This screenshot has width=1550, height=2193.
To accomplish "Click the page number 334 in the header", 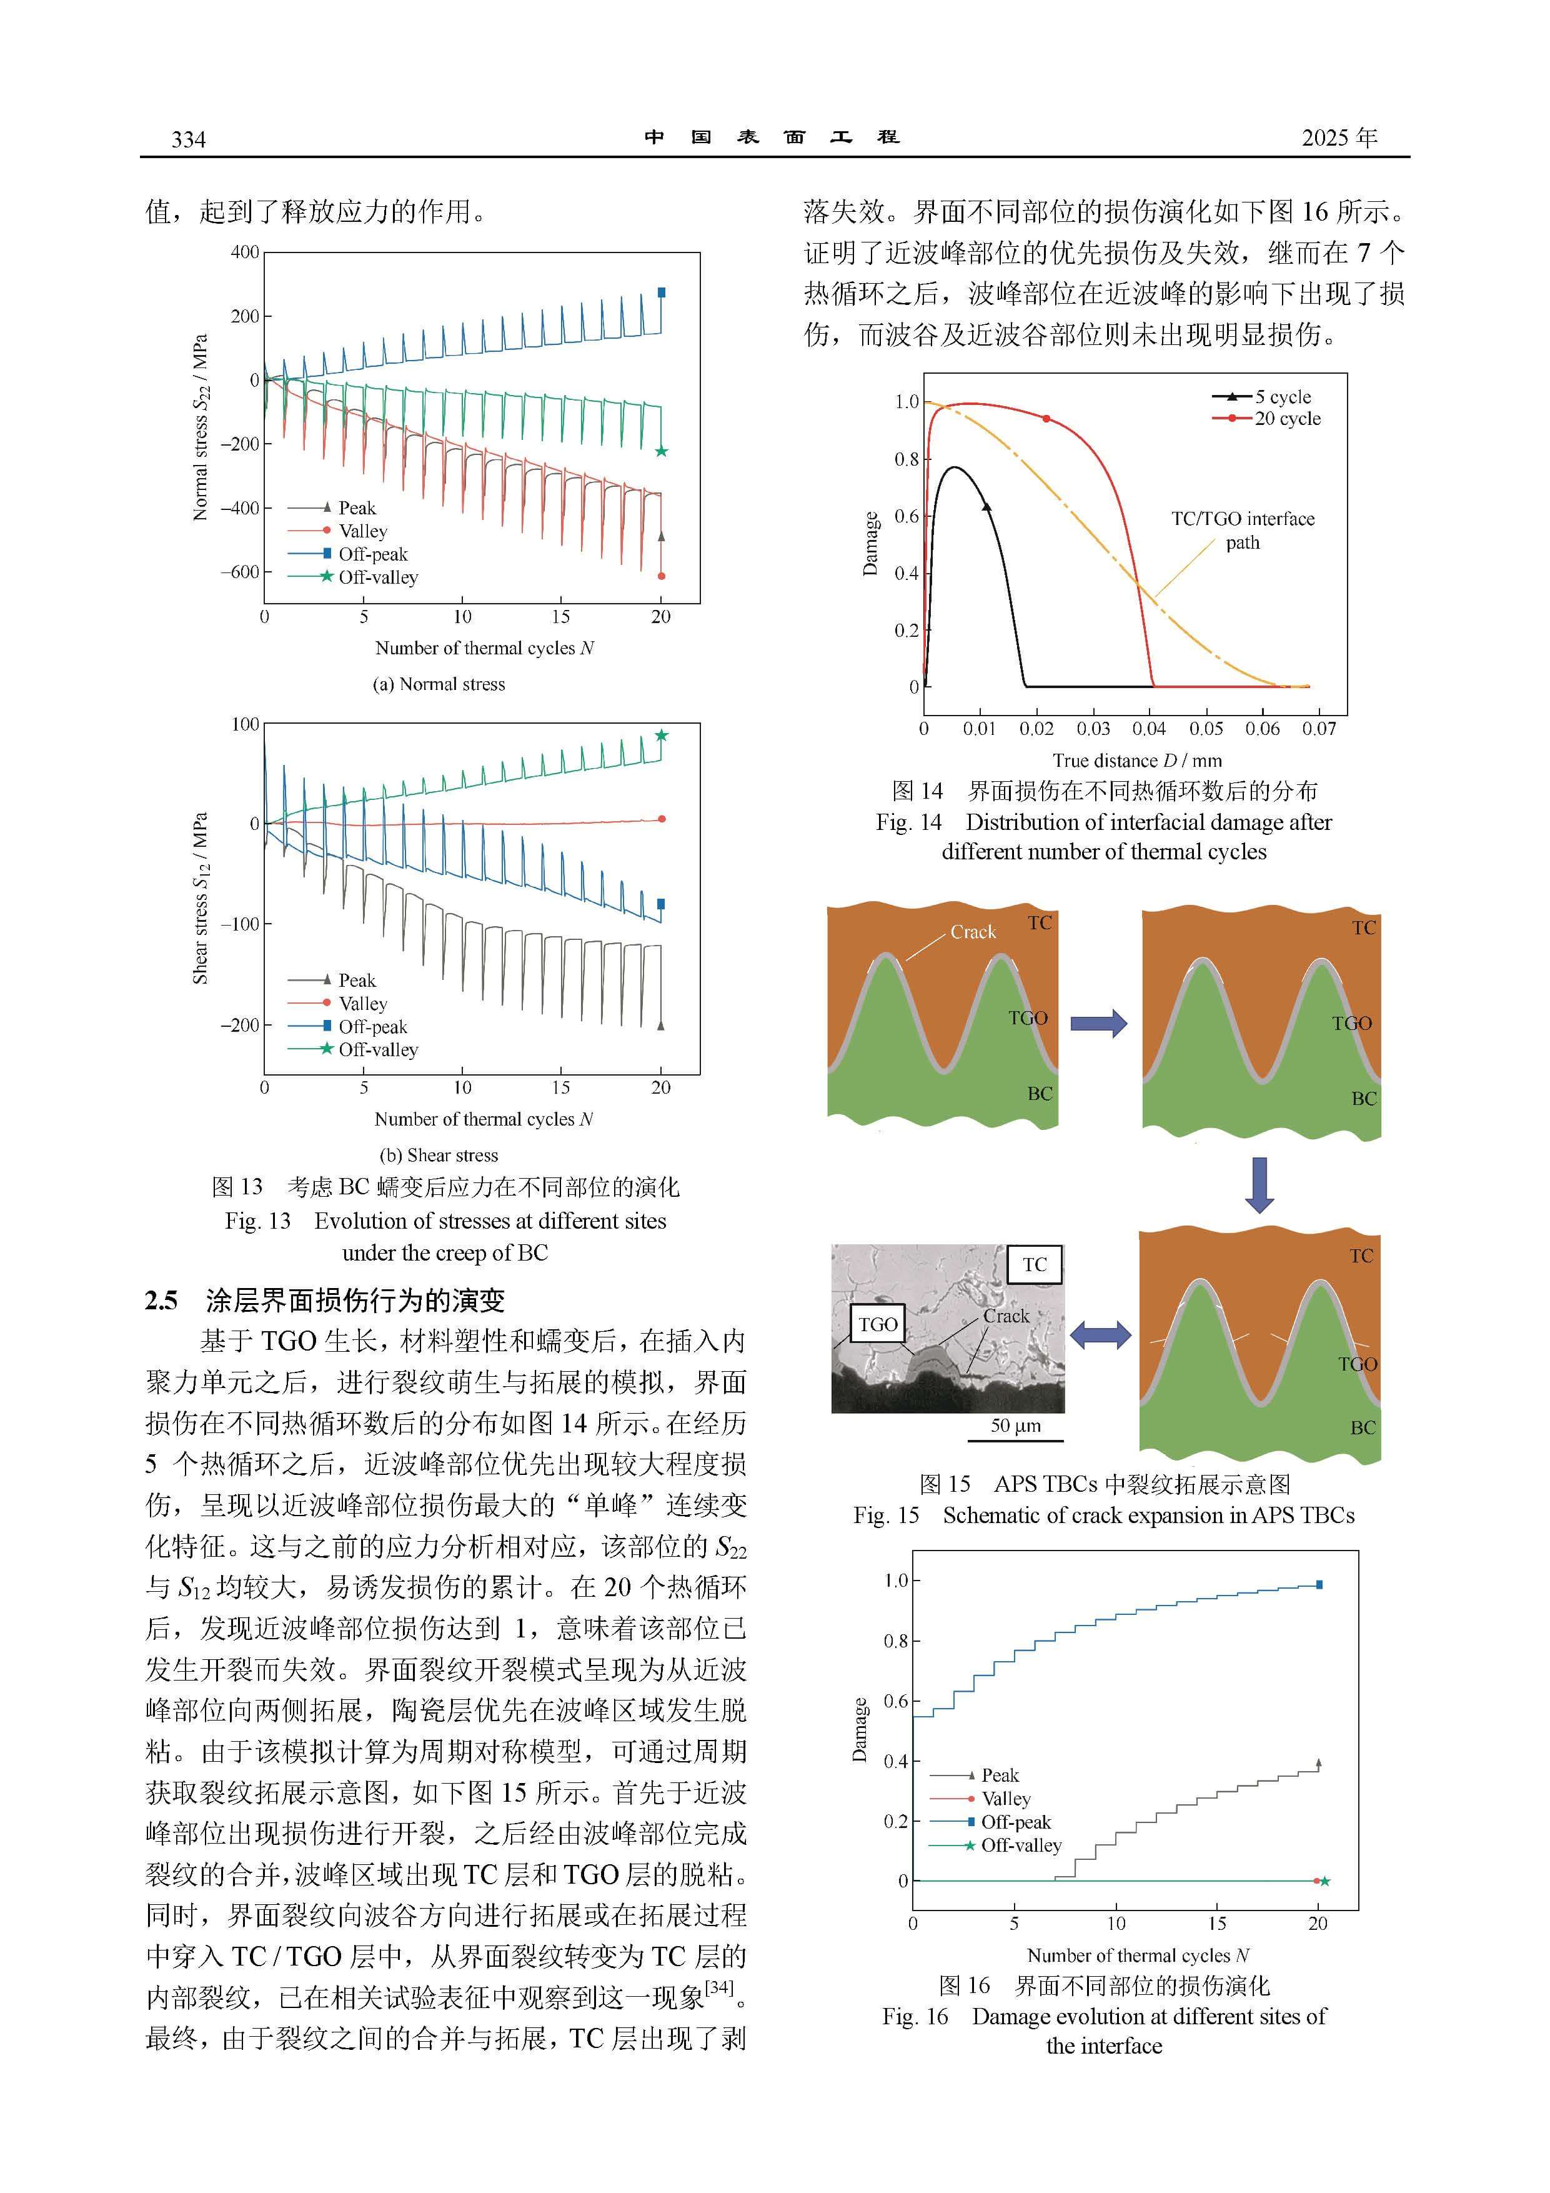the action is [188, 139].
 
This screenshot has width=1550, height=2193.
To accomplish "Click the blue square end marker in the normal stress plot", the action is [662, 292].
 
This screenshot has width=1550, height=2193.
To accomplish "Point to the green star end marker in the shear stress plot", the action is [661, 736].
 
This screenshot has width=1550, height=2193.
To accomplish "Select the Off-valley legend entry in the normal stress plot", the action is [354, 577].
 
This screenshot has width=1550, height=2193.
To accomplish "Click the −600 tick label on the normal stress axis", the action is [240, 572].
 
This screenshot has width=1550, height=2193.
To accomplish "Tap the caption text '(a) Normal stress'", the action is [439, 684].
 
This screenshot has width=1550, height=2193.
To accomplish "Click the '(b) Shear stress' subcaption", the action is [439, 1155].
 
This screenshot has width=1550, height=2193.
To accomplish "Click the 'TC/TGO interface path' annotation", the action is [1243, 530].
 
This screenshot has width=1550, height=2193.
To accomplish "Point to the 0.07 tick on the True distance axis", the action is [1319, 729].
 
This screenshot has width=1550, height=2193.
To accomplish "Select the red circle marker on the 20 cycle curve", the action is [1046, 418].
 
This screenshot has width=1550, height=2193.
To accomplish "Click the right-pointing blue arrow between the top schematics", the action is [1098, 1023].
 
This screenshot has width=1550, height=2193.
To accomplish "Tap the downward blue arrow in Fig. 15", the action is [1259, 1184].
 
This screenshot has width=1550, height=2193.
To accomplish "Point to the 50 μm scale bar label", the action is [1015, 1426].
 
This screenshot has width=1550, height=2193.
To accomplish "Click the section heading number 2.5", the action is [161, 1300].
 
